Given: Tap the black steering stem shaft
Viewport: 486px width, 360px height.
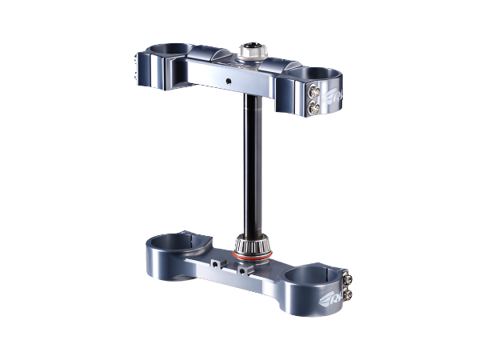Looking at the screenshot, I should tap(249, 160).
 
